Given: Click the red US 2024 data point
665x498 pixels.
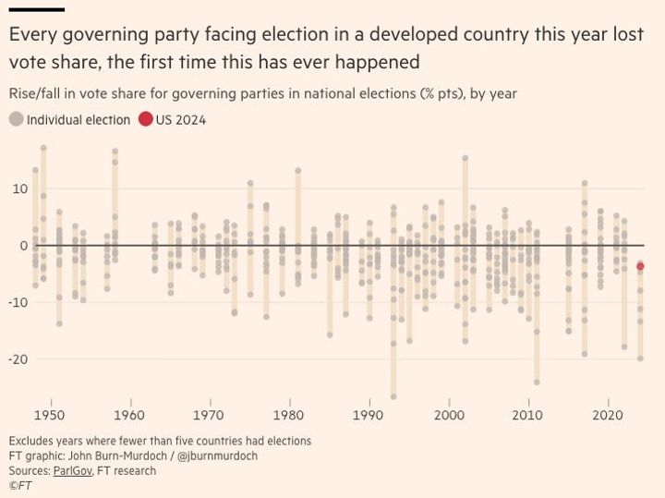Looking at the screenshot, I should coord(640,266).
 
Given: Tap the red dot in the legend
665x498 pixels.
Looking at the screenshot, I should coord(146,120).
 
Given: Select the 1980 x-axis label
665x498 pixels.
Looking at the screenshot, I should coord(289,416).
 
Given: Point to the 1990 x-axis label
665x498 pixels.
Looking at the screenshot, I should coord(369,416).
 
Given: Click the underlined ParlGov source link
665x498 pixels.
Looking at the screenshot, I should coord(77,470).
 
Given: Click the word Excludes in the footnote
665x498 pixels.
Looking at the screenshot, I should coord(33,441).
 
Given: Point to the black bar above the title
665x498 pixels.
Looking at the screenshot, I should coord(36,9).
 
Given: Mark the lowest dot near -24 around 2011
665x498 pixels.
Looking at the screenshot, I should coord(537,382).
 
